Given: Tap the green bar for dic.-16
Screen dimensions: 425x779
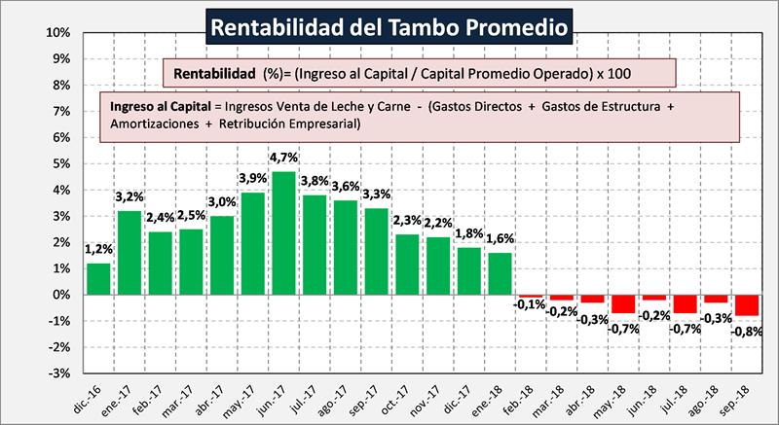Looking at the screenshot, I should point(98,279).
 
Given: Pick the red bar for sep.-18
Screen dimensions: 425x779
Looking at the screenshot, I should point(749,304).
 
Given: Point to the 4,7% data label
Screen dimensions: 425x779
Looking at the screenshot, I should point(284,156).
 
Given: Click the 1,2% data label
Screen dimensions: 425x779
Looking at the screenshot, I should point(98,249).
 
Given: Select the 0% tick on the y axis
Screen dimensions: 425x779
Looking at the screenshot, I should point(59,295).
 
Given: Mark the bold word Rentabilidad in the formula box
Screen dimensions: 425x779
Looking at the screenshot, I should point(215,73).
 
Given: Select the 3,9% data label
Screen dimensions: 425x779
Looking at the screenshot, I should point(253,177).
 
